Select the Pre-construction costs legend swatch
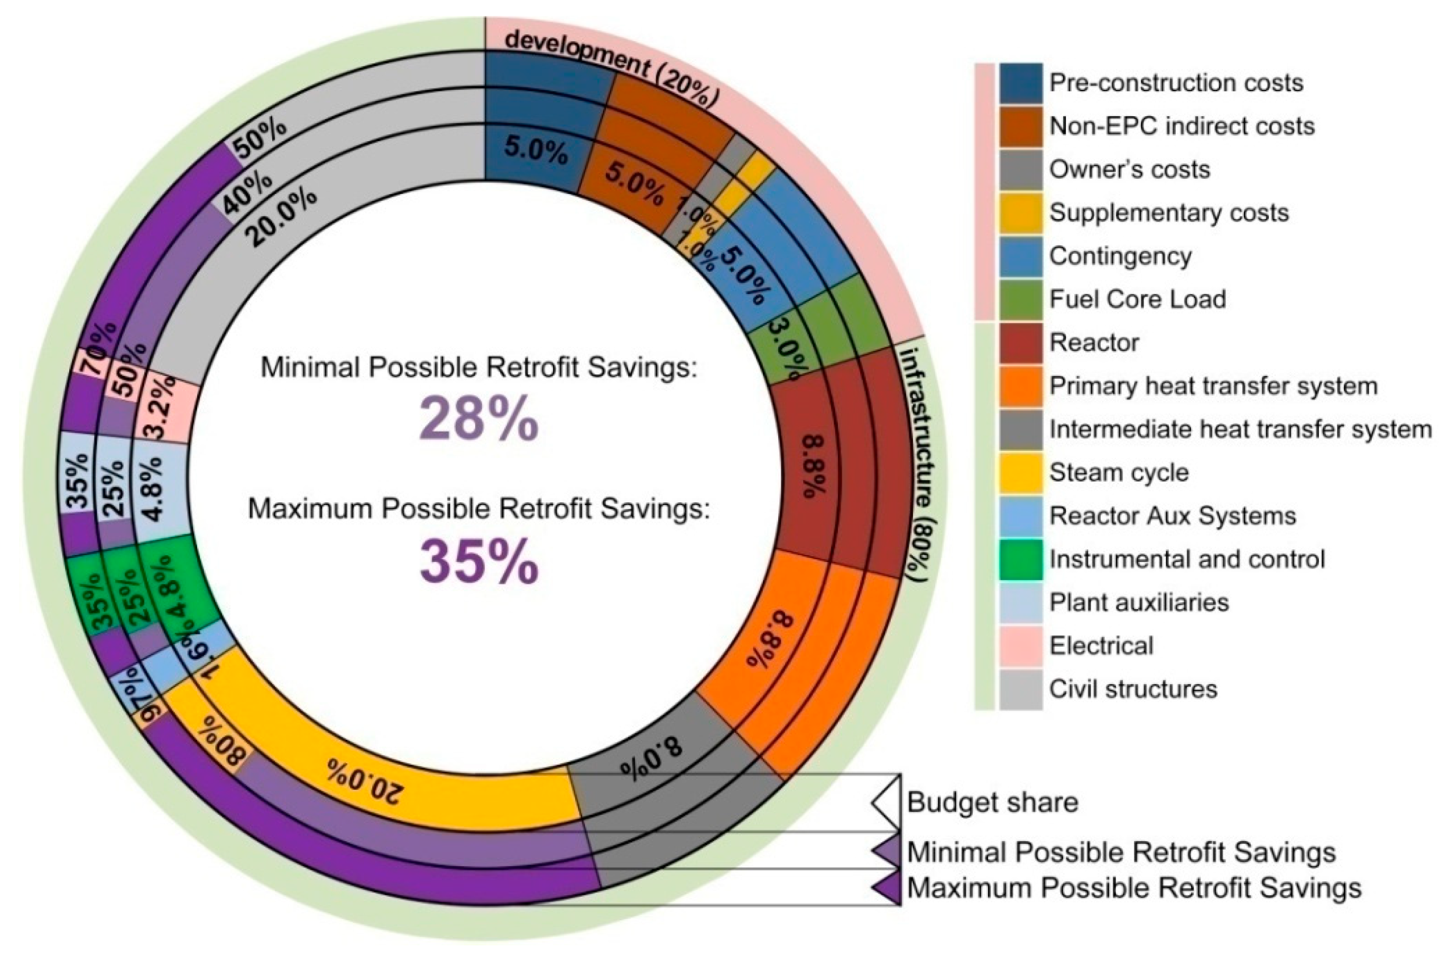pyautogui.click(x=1020, y=83)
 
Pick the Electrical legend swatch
pyautogui.click(x=1020, y=646)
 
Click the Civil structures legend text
pyautogui.click(x=1133, y=689)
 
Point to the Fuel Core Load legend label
pyautogui.click(x=1138, y=299)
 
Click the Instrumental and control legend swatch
pyautogui.click(x=1020, y=559)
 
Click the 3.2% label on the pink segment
pyautogui.click(x=163, y=407)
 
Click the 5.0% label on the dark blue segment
pyautogui.click(x=535, y=150)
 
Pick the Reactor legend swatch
pyautogui.click(x=1020, y=343)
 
